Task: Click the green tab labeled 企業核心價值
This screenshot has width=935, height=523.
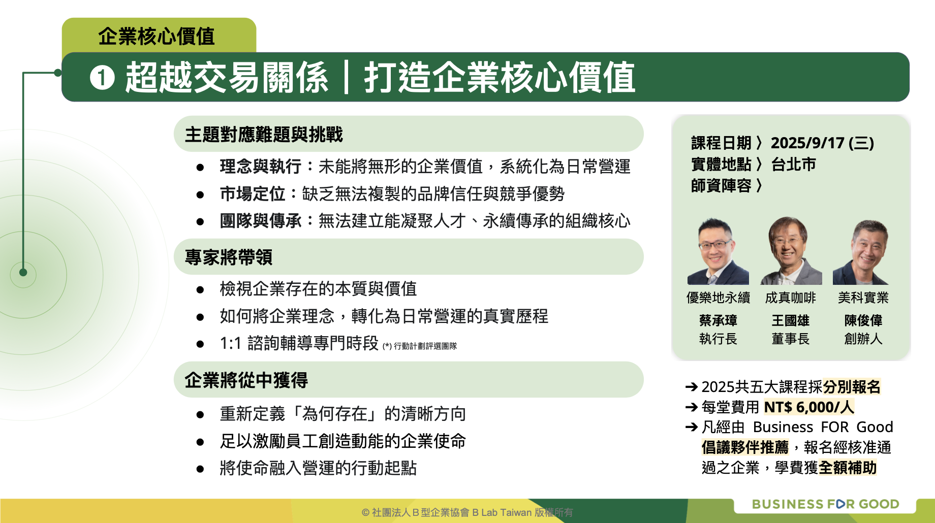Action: pos(159,36)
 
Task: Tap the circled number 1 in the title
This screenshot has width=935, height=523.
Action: pos(102,78)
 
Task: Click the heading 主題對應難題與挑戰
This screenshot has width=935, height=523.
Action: pos(264,135)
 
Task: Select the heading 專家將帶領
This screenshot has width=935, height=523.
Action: pos(229,257)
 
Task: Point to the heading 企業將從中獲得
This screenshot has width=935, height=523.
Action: pos(246,380)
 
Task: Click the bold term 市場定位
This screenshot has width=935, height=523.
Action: pos(253,193)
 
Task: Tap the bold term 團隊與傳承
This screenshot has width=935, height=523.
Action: pos(261,221)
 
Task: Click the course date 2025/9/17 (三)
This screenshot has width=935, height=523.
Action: pos(822,143)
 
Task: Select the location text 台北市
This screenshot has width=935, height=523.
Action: pos(794,165)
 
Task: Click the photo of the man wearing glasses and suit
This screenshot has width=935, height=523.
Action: pos(718,251)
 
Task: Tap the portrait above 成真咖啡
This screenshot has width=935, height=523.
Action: pos(791,251)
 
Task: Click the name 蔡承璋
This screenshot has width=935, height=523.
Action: pos(718,320)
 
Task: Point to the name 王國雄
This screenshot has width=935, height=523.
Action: pos(791,320)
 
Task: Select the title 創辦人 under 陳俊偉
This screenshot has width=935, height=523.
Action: pos(863,339)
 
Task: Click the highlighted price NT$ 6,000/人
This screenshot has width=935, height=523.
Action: pos(809,407)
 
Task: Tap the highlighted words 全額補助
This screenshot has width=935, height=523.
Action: pos(848,467)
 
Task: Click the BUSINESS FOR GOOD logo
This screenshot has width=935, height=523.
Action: pos(826,504)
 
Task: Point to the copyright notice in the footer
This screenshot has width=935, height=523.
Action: pos(467,512)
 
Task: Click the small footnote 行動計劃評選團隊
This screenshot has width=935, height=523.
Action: pos(425,346)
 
